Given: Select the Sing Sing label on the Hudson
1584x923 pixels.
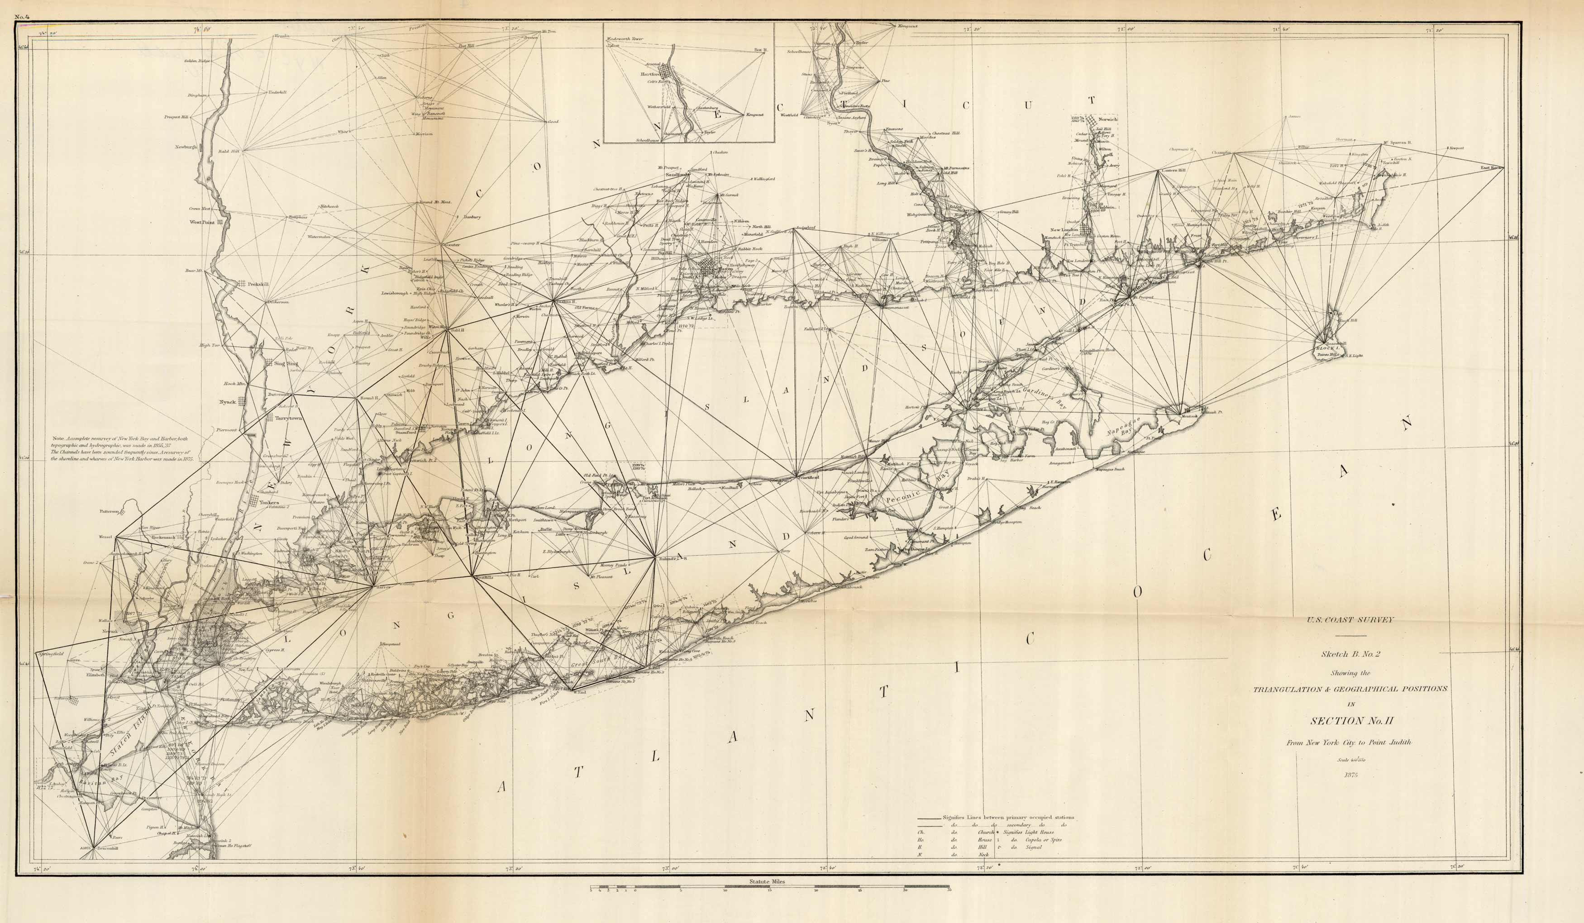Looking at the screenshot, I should coord(286,363).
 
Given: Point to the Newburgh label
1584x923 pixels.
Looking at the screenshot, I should coord(186,147).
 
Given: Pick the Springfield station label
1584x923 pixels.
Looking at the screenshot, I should coord(51,654).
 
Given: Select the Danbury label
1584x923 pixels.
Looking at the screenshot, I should coord(472,217).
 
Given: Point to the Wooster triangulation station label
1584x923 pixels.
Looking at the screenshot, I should coord(452,244).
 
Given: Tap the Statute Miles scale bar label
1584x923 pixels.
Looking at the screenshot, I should coord(766,881).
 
